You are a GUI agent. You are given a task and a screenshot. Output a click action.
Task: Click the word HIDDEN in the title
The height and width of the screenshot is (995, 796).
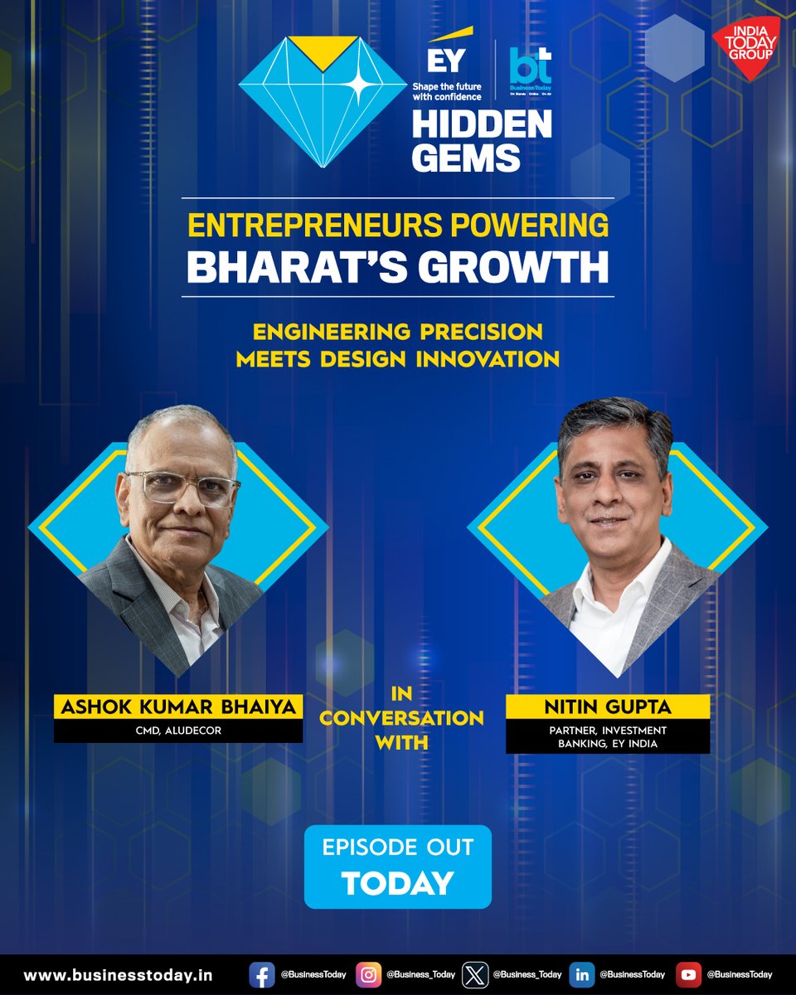[482, 124]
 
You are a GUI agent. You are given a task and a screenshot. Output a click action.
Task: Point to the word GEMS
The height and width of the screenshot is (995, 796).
[466, 157]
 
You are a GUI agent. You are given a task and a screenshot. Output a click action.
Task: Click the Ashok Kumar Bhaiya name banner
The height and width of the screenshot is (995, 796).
[178, 707]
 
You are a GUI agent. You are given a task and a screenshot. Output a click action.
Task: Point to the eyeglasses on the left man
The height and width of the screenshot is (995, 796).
[181, 489]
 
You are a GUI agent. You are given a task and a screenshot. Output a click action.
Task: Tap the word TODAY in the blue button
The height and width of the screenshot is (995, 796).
[397, 882]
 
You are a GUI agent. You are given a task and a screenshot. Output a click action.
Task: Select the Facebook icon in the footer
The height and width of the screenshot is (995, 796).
[261, 974]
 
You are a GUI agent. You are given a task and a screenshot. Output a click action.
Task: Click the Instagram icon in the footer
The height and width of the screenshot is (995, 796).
[368, 974]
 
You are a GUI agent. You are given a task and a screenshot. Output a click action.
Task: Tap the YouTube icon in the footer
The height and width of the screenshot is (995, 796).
[688, 974]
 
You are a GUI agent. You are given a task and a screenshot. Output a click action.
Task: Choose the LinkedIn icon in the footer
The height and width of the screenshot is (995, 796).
[582, 974]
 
